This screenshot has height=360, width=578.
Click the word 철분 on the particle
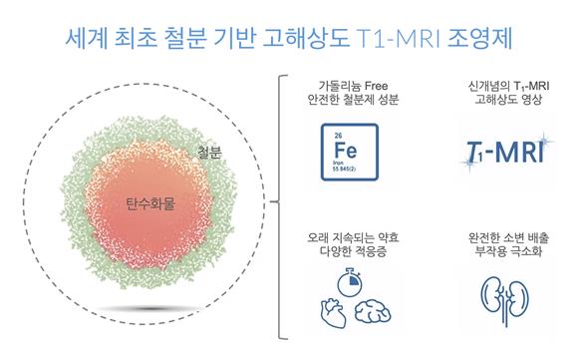(210, 154)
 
